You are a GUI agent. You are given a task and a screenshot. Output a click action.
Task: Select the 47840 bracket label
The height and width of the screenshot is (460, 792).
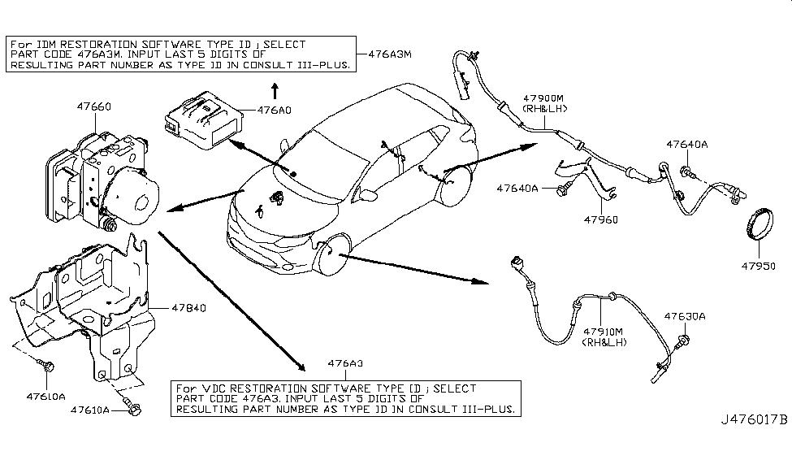pyautogui.click(x=188, y=309)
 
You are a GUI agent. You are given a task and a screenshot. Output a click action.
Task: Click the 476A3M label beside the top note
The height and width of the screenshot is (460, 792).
pyautogui.click(x=391, y=54)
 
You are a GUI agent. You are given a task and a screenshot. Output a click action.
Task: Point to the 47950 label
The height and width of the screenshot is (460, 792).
pyautogui.click(x=759, y=265)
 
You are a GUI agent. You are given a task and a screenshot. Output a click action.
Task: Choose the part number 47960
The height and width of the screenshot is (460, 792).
pyautogui.click(x=600, y=219)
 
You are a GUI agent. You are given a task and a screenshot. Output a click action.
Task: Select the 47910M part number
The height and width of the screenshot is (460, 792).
pyautogui.click(x=602, y=332)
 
